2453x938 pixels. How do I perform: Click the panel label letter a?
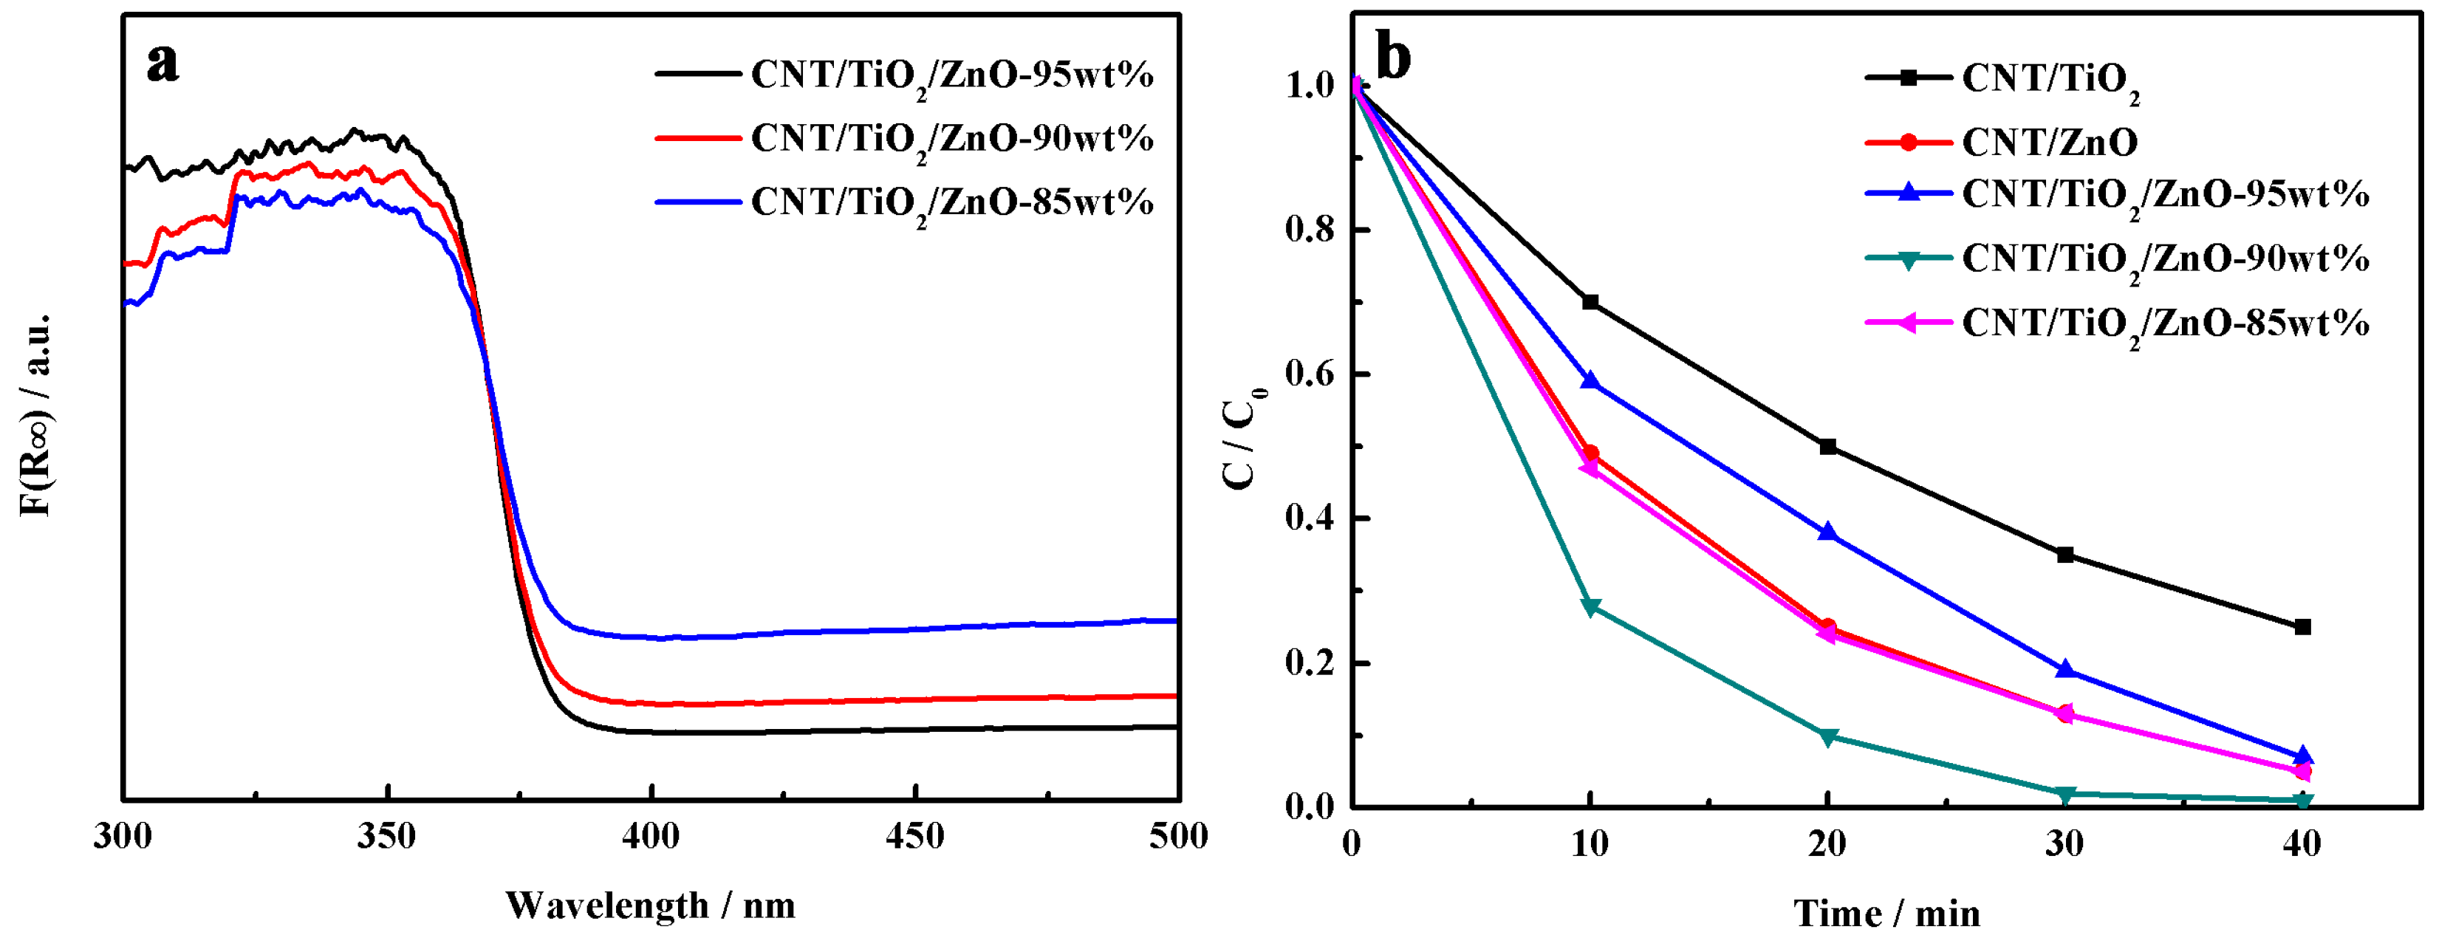point(162,65)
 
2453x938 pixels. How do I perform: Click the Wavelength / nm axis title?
point(651,905)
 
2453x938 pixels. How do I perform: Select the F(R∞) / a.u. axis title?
point(36,414)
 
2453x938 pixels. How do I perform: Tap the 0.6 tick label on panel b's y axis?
point(1310,374)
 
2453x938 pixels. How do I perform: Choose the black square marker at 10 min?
point(1590,302)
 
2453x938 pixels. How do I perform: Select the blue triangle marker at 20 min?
point(1827,533)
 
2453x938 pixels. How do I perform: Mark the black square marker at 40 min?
point(2302,626)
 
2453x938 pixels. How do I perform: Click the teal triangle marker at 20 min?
point(1827,736)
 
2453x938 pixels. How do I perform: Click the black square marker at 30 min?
point(2064,554)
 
